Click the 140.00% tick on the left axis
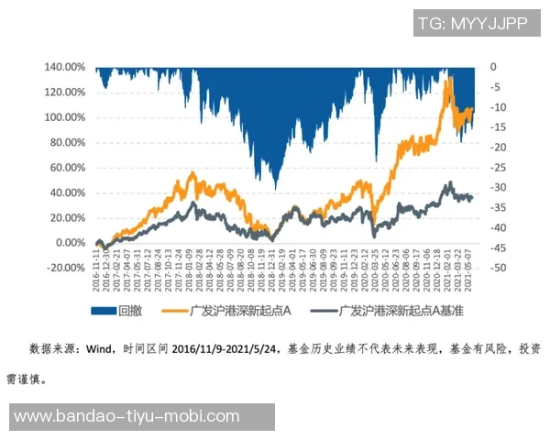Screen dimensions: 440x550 point(64,68)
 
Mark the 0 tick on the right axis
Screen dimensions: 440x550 point(492,68)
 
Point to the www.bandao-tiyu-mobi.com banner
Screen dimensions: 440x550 point(142,417)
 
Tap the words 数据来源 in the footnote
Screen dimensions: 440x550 point(52,349)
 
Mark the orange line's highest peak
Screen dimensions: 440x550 point(448,79)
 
